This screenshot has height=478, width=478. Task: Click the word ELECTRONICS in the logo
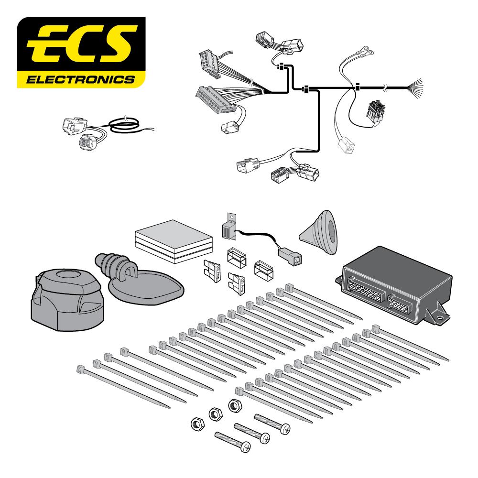[x=81, y=80]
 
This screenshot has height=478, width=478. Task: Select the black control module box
[x=394, y=285]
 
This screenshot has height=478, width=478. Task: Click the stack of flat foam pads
[x=174, y=241]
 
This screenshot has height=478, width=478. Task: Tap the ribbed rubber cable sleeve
[x=113, y=265]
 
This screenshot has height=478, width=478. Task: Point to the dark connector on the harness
[x=377, y=111]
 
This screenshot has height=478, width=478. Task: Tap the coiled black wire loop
[x=125, y=125]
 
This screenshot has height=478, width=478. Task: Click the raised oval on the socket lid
[x=68, y=274]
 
